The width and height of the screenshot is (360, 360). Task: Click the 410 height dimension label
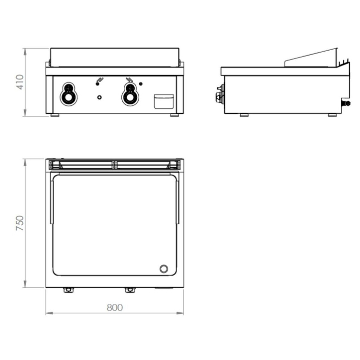click(x=20, y=82)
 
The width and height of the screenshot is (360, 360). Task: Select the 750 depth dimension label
click(x=20, y=223)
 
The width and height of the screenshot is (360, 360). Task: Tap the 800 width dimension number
click(x=115, y=308)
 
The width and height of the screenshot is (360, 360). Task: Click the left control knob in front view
click(x=68, y=94)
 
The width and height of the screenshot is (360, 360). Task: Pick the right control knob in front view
click(x=130, y=94)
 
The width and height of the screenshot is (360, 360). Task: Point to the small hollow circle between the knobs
click(x=99, y=97)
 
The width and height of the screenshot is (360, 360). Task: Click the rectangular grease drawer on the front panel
click(x=164, y=101)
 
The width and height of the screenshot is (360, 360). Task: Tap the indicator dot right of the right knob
click(x=141, y=84)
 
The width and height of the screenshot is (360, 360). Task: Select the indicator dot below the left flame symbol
click(x=97, y=84)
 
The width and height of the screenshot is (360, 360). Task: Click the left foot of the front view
click(x=55, y=115)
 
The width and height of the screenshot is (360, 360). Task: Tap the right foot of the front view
click(x=174, y=115)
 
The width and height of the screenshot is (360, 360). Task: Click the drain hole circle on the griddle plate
click(x=163, y=269)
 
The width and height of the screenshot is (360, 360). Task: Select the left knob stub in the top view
click(x=68, y=290)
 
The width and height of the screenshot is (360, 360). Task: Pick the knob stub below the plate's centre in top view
click(x=130, y=290)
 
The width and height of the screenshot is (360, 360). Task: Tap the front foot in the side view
click(x=244, y=115)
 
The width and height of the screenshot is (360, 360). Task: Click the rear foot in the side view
click(x=332, y=115)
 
